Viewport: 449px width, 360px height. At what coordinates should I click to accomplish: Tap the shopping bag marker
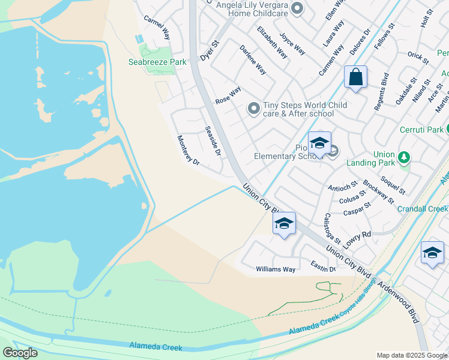(355, 77)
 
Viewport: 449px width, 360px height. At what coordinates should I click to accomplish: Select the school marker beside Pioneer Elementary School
(319, 143)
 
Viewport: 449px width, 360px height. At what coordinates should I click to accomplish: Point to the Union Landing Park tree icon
(405, 157)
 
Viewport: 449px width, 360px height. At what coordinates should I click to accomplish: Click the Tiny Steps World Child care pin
(254, 109)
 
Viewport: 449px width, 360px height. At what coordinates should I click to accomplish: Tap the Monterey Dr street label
(187, 150)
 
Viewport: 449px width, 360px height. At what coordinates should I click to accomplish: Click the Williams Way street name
(276, 269)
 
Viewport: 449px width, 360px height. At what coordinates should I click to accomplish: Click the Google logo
(20, 353)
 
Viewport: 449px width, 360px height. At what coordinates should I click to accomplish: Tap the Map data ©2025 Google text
(411, 355)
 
